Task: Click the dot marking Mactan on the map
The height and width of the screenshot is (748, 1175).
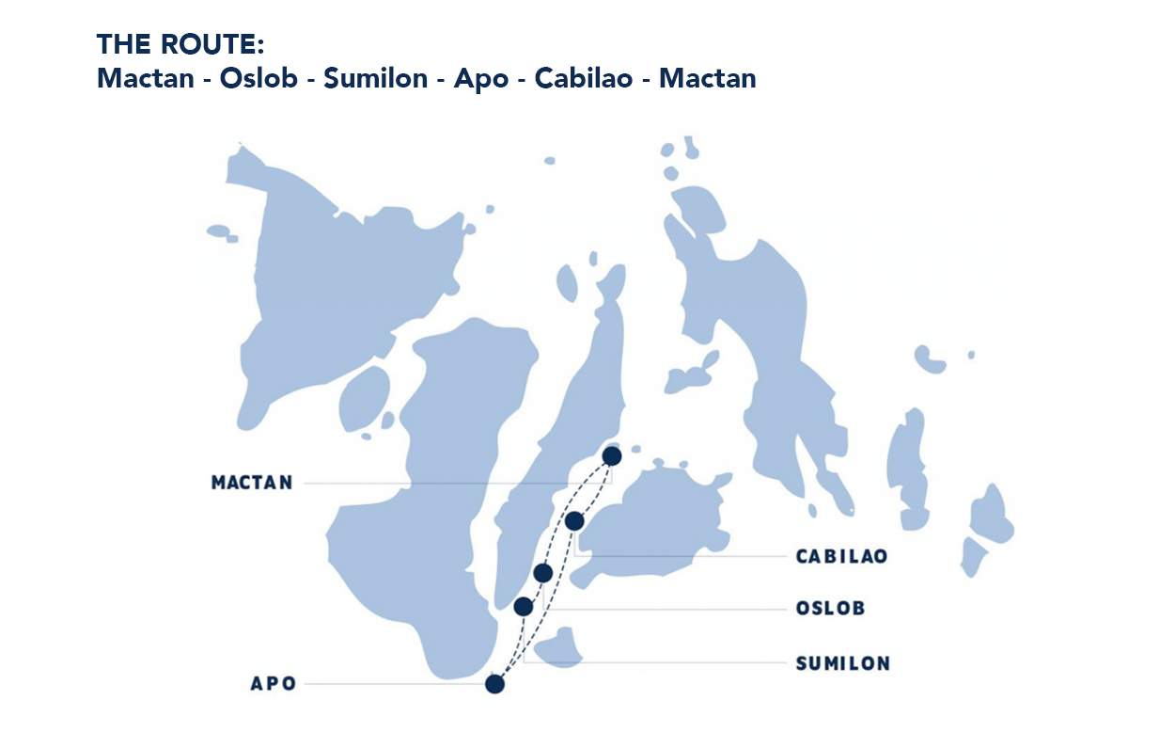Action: (612, 456)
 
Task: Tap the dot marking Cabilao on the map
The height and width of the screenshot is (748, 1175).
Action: (575, 521)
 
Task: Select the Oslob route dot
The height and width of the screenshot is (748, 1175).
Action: (542, 573)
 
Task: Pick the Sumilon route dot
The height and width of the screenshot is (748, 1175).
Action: (524, 607)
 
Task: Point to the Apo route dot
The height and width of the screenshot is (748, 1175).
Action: (494, 684)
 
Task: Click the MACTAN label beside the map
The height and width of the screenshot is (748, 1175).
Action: (252, 483)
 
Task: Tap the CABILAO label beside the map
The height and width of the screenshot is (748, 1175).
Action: (841, 556)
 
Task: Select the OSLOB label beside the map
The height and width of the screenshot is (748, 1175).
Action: (830, 609)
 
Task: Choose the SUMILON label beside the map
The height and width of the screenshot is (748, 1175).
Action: (842, 663)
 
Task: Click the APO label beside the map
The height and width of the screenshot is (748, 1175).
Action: (274, 684)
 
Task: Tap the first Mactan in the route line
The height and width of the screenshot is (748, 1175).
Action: (144, 78)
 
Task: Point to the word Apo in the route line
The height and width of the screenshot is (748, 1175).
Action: (480, 78)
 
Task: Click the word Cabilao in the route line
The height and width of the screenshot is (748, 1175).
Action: (585, 78)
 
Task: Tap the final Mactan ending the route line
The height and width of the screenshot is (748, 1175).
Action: (707, 78)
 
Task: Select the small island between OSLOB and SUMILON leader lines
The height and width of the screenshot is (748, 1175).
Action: (562, 647)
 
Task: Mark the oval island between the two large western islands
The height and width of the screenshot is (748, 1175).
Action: (364, 400)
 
